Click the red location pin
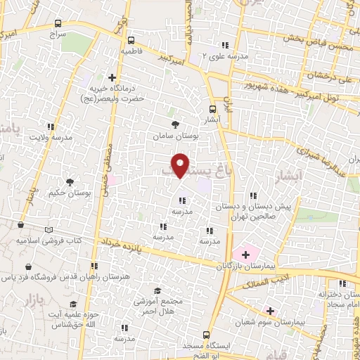(181, 165)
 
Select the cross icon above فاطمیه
(131, 40)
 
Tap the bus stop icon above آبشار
(213, 109)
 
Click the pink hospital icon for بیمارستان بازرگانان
(245, 253)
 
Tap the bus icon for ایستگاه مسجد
(206, 335)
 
